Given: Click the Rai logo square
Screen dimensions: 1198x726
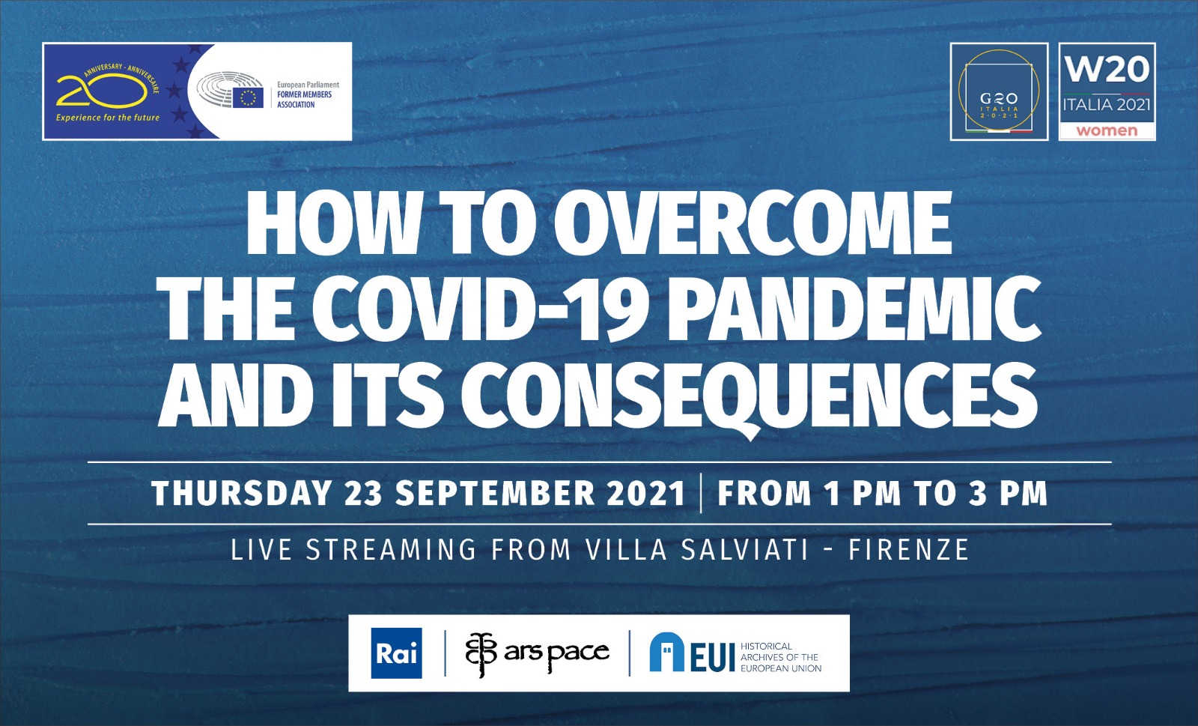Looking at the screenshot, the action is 396,653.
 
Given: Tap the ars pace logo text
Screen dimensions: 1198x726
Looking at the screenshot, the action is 556,652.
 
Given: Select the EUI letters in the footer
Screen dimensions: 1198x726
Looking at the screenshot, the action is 712,659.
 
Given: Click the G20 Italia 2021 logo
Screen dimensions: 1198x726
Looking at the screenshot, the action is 999,91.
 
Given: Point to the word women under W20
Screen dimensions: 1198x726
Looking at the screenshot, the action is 1107,130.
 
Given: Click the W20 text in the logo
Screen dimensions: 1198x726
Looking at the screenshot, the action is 1107,70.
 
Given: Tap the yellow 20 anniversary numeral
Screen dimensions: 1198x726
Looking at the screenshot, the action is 102,90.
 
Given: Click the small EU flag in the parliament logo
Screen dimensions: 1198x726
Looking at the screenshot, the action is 248,98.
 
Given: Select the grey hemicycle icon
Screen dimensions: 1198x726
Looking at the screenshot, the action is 229,89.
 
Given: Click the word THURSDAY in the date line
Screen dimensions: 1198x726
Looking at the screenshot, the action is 241,493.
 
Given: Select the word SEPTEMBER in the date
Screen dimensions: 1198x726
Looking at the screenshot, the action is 495,493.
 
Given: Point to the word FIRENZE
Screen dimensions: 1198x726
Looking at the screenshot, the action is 909,549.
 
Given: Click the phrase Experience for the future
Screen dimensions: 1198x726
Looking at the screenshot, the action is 108,118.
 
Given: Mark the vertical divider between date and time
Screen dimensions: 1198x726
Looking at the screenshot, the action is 701,493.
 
